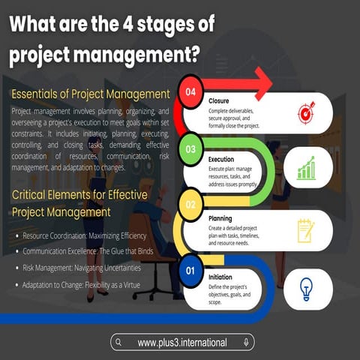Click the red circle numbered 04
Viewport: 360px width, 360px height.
click(190, 94)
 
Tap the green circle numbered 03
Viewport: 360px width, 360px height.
click(190, 150)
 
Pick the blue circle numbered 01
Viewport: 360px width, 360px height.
click(190, 270)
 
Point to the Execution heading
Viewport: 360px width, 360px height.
click(223, 160)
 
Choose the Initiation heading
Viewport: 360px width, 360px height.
click(221, 276)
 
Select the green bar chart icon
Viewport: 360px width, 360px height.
click(306, 169)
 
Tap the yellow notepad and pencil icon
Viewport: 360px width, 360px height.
click(306, 229)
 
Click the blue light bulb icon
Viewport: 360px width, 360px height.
click(306, 288)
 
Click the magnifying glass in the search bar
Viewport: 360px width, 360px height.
click(120, 343)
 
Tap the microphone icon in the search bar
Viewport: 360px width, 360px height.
click(245, 343)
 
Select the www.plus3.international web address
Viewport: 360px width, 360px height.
click(182, 343)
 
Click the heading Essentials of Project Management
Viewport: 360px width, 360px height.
click(90, 94)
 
